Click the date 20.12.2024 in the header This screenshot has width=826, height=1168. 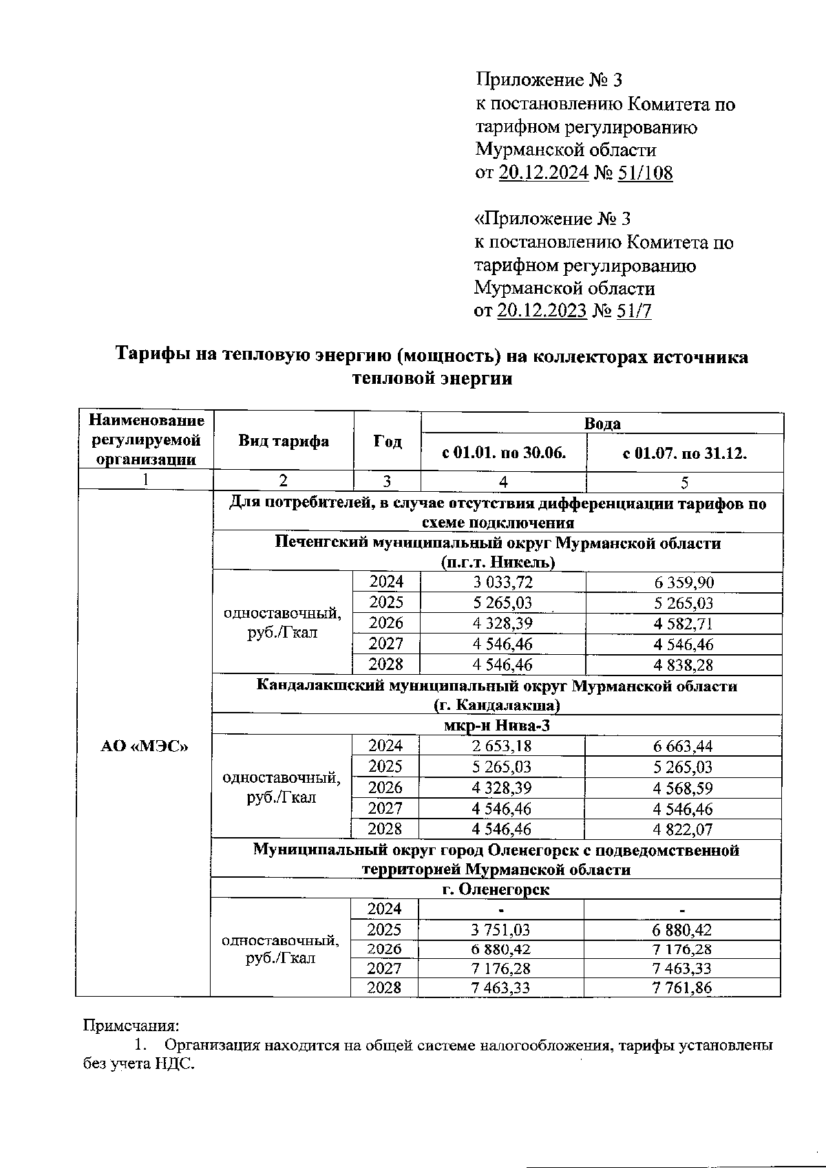click(542, 173)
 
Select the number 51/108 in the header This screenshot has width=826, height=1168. click(645, 173)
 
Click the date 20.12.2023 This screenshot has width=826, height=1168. click(541, 311)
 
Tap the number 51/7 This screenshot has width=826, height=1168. click(634, 311)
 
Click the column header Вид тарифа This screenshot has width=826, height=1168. click(284, 442)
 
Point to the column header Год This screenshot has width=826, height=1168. click(388, 442)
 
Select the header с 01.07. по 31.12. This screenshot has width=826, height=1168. click(684, 453)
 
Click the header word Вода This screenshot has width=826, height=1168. click(602, 424)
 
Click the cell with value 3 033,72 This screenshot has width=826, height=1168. click(503, 583)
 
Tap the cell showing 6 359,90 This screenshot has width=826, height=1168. click(684, 583)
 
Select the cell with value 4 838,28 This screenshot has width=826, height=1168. click(684, 665)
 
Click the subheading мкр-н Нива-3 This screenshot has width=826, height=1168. click(496, 726)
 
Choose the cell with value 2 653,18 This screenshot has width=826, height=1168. click(502, 746)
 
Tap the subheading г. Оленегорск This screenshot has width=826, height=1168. click(496, 889)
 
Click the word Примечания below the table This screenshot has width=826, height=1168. click(131, 1026)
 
